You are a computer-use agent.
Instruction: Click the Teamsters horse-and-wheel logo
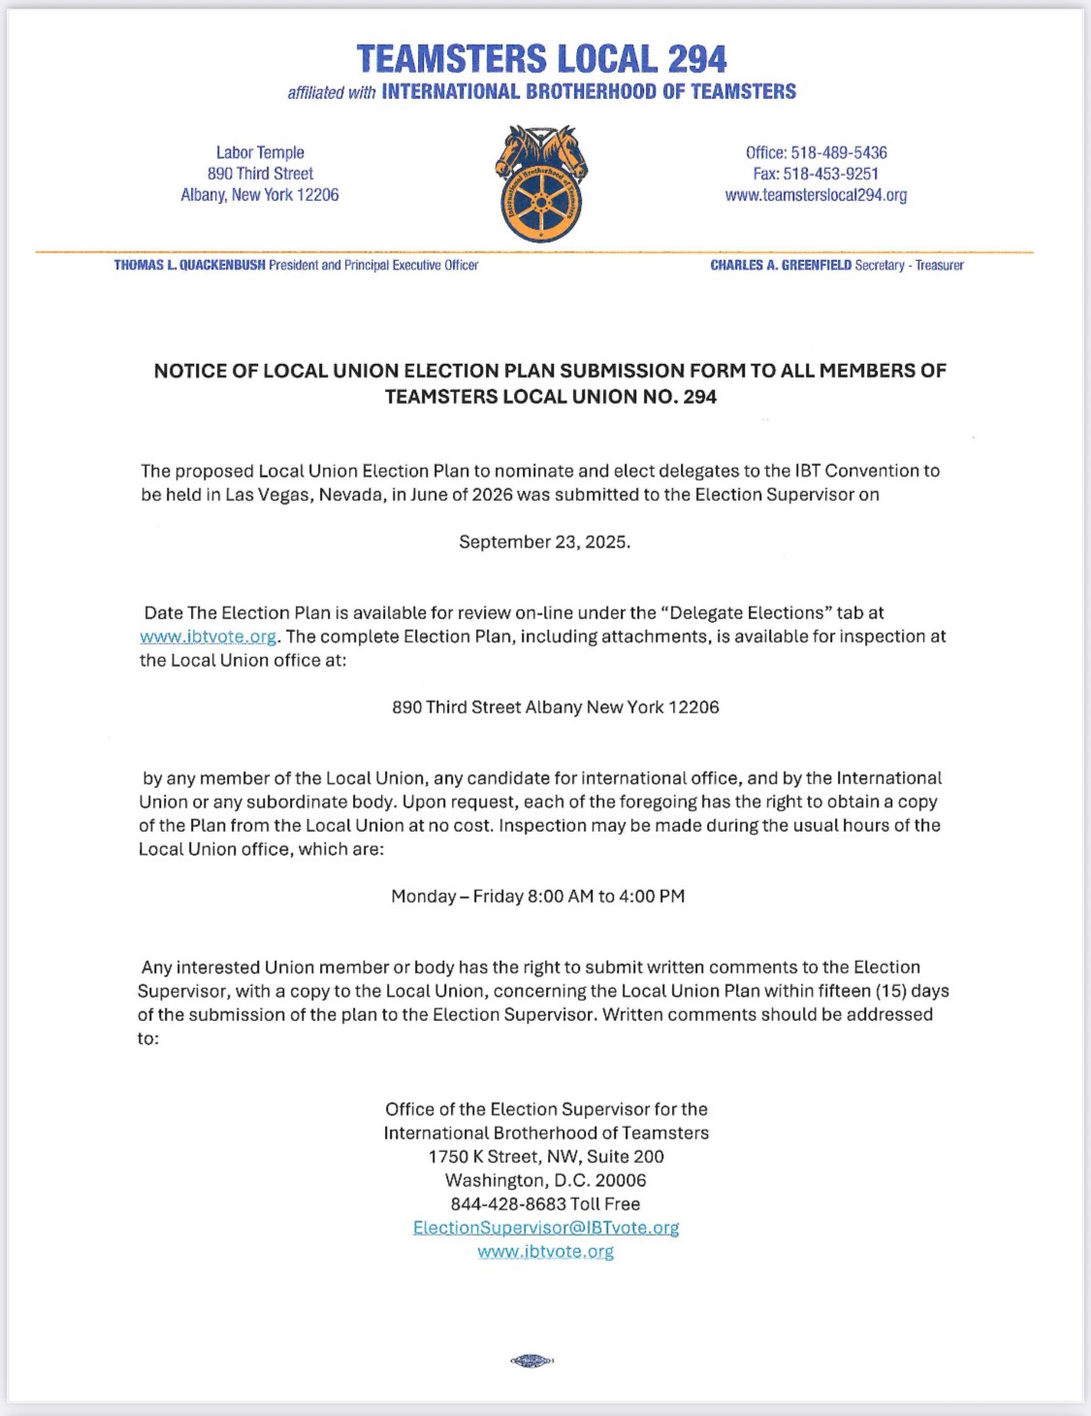542,184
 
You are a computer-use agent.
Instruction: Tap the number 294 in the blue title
696,59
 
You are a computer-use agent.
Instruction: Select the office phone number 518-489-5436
839,152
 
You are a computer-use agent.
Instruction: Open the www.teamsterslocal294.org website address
816,195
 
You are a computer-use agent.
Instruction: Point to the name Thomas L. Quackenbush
189,265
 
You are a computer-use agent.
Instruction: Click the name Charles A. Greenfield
781,265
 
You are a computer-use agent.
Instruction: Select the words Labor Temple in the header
260,152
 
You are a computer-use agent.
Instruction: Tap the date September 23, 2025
545,542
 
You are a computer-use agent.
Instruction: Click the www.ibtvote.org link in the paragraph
209,637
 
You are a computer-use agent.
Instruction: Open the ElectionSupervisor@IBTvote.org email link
546,1228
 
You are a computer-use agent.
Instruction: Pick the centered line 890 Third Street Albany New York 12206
556,708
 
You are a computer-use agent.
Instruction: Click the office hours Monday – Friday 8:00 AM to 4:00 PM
538,896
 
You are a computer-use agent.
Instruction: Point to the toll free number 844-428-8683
508,1203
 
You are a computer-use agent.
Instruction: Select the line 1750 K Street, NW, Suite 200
546,1157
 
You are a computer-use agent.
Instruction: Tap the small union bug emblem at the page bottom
531,1361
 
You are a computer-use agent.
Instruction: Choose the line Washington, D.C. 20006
546,1180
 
